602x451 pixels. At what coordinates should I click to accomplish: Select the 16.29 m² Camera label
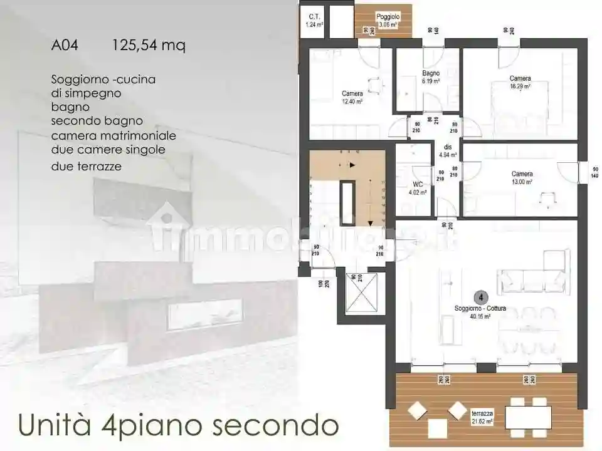click(x=520, y=82)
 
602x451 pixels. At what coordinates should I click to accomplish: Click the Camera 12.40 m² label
click(x=352, y=97)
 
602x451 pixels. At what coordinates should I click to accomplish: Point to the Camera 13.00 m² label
click(x=522, y=178)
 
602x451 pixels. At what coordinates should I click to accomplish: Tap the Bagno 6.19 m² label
click(x=430, y=77)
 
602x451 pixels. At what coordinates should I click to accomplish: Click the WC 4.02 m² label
click(x=418, y=189)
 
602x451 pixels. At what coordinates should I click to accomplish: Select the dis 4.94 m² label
click(x=447, y=151)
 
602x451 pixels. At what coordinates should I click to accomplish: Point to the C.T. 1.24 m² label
click(x=314, y=21)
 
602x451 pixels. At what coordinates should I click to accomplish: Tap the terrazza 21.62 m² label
click(x=482, y=417)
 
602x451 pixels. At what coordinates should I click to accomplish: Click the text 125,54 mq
click(x=149, y=46)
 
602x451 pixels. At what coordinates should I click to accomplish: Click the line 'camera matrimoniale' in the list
click(x=114, y=135)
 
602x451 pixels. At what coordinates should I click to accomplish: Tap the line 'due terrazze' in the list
click(x=87, y=167)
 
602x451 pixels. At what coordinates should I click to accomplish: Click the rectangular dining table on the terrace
click(x=527, y=417)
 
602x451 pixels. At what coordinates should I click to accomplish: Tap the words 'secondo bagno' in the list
click(x=97, y=121)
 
